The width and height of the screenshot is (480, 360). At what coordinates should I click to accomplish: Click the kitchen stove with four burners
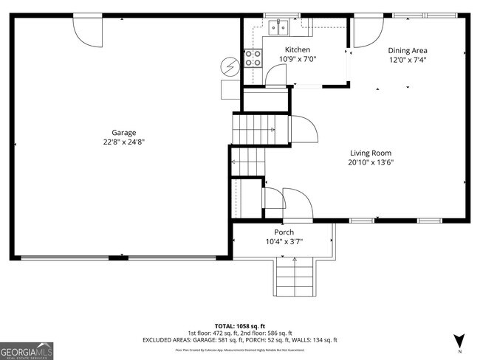(x=253, y=58)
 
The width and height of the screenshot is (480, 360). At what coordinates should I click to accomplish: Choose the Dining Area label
(x=408, y=51)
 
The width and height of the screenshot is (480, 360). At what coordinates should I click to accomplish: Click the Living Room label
(x=371, y=153)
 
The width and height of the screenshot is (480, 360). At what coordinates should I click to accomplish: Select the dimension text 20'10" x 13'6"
(x=371, y=162)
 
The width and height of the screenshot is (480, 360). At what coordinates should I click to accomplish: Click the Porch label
(x=284, y=232)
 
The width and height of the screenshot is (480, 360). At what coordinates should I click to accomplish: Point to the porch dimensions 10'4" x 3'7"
(x=284, y=241)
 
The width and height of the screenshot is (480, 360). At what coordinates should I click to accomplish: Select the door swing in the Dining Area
(x=367, y=32)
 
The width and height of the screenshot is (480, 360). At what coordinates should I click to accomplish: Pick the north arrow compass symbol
(x=459, y=341)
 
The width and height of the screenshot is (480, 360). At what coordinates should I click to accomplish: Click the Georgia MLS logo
(x=27, y=350)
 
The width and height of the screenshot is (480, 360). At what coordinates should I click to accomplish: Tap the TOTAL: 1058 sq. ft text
(x=239, y=325)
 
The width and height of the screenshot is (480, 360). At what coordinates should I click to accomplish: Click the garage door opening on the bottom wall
(x=118, y=258)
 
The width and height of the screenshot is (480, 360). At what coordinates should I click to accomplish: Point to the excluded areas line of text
(x=239, y=340)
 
